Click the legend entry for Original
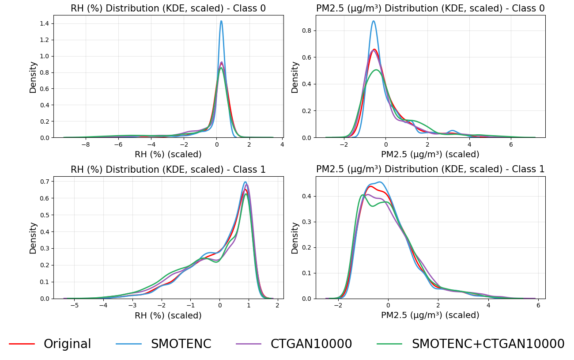[x=67, y=344]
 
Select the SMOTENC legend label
[x=181, y=344]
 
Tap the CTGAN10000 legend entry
[x=311, y=344]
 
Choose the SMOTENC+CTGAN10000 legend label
[x=488, y=344]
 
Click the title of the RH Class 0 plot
[x=168, y=8]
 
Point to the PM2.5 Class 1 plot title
[x=430, y=169]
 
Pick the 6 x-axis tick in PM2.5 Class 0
[x=511, y=144]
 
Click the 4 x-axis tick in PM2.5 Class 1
[x=488, y=305]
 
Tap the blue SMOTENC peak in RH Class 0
[x=221, y=21]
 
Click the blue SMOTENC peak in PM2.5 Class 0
[x=374, y=21]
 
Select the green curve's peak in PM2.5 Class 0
[x=376, y=70]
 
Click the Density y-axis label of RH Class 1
[x=33, y=238]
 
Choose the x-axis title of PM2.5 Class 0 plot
[x=430, y=155]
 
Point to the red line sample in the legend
[x=22, y=344]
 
